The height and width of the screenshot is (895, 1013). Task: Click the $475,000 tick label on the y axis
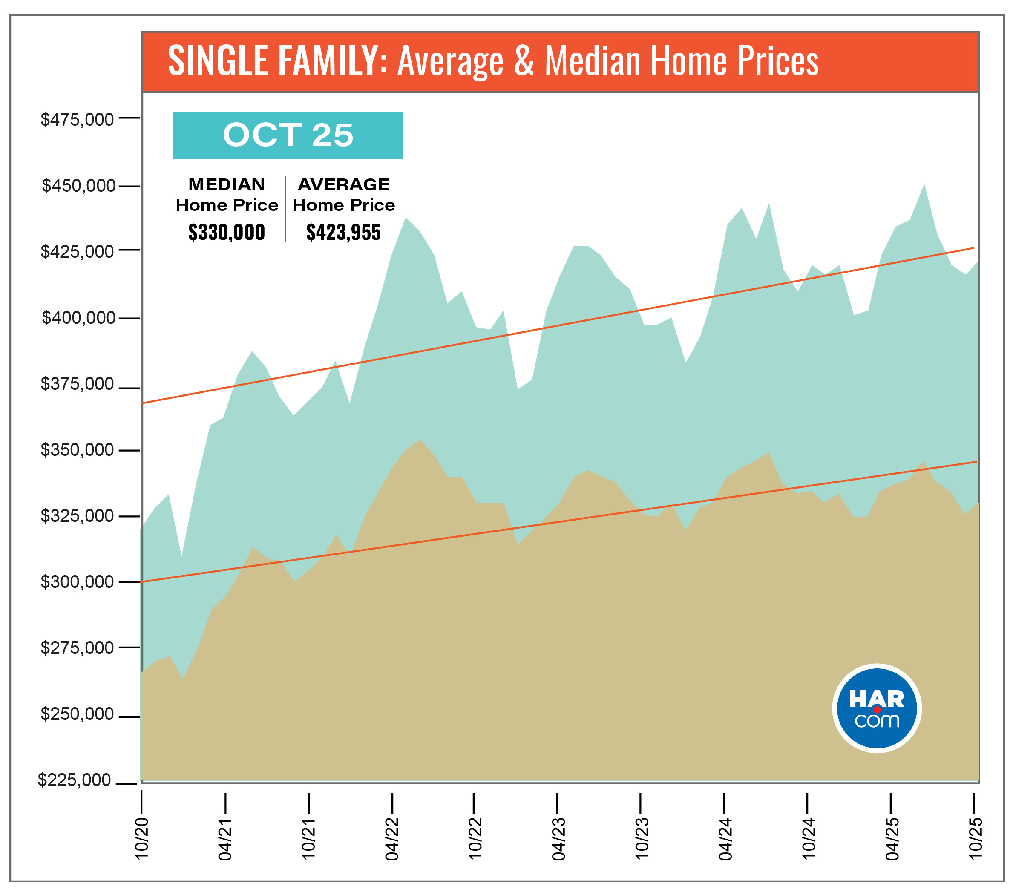(x=77, y=119)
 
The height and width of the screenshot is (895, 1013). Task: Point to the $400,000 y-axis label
(x=78, y=318)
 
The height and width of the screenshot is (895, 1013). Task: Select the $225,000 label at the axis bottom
(x=75, y=780)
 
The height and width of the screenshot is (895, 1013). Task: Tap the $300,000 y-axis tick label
(x=77, y=581)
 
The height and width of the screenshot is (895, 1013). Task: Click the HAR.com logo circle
(x=877, y=709)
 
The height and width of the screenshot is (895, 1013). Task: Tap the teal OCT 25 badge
(x=288, y=135)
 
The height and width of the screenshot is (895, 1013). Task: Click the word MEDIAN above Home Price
(x=227, y=184)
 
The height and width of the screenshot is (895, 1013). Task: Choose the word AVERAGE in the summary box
(x=343, y=184)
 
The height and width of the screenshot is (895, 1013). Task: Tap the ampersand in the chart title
(x=524, y=60)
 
